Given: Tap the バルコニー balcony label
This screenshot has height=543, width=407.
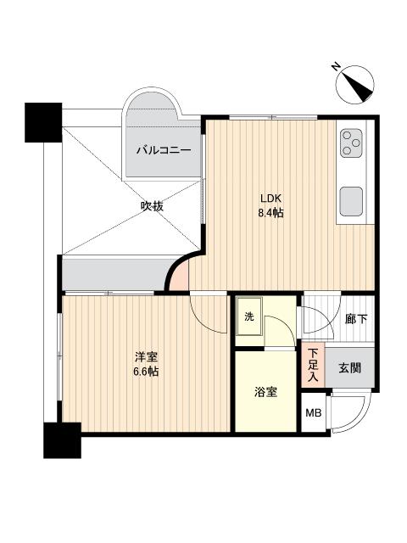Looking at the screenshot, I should click(x=164, y=151).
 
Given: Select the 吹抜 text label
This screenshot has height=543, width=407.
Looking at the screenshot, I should click(x=152, y=205).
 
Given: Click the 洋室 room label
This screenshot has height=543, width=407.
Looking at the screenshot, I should click(x=145, y=357).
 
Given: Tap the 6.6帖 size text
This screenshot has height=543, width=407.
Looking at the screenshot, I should click(x=145, y=372).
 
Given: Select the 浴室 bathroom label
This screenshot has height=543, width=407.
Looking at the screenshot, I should click(x=265, y=393).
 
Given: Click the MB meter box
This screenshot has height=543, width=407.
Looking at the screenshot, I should click(x=314, y=415).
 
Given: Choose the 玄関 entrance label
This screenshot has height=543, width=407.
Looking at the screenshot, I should click(x=349, y=367).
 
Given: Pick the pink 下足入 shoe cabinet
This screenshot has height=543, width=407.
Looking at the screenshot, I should click(x=313, y=365).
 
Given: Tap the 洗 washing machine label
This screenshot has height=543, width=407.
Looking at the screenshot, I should click(x=249, y=316).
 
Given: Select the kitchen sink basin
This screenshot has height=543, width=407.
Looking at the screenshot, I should click(x=351, y=203).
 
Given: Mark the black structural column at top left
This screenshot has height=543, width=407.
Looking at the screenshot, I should click(x=43, y=121).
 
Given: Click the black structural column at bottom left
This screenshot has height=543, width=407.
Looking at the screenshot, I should click(x=61, y=440).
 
